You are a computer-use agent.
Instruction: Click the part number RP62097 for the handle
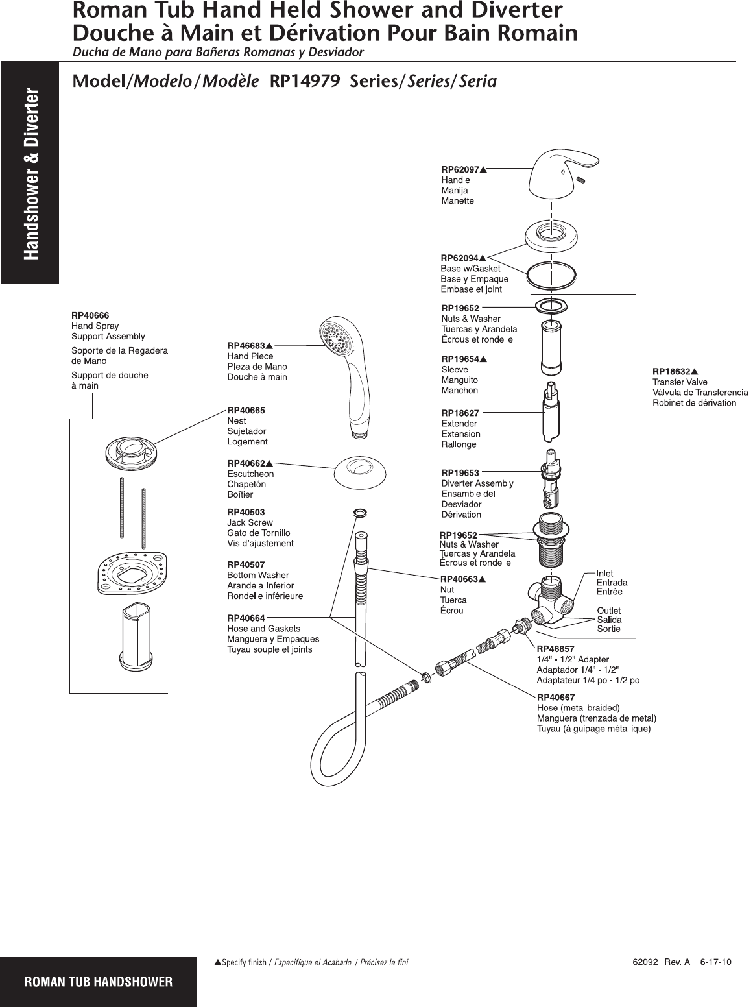[460, 169]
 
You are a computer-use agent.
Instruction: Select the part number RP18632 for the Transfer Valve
[671, 372]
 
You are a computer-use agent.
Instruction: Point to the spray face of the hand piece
[335, 335]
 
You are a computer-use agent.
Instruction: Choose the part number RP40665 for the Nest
[246, 410]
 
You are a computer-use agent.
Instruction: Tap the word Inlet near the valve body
[605, 573]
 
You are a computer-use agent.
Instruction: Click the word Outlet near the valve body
[608, 611]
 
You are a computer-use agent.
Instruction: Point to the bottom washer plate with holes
[132, 571]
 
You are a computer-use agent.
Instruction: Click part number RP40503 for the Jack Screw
[246, 512]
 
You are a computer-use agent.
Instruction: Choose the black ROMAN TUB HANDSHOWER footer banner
[98, 982]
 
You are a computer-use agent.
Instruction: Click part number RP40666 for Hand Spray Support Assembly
[90, 315]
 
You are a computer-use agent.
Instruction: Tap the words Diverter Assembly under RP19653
[477, 483]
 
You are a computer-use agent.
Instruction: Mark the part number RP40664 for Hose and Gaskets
[246, 618]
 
